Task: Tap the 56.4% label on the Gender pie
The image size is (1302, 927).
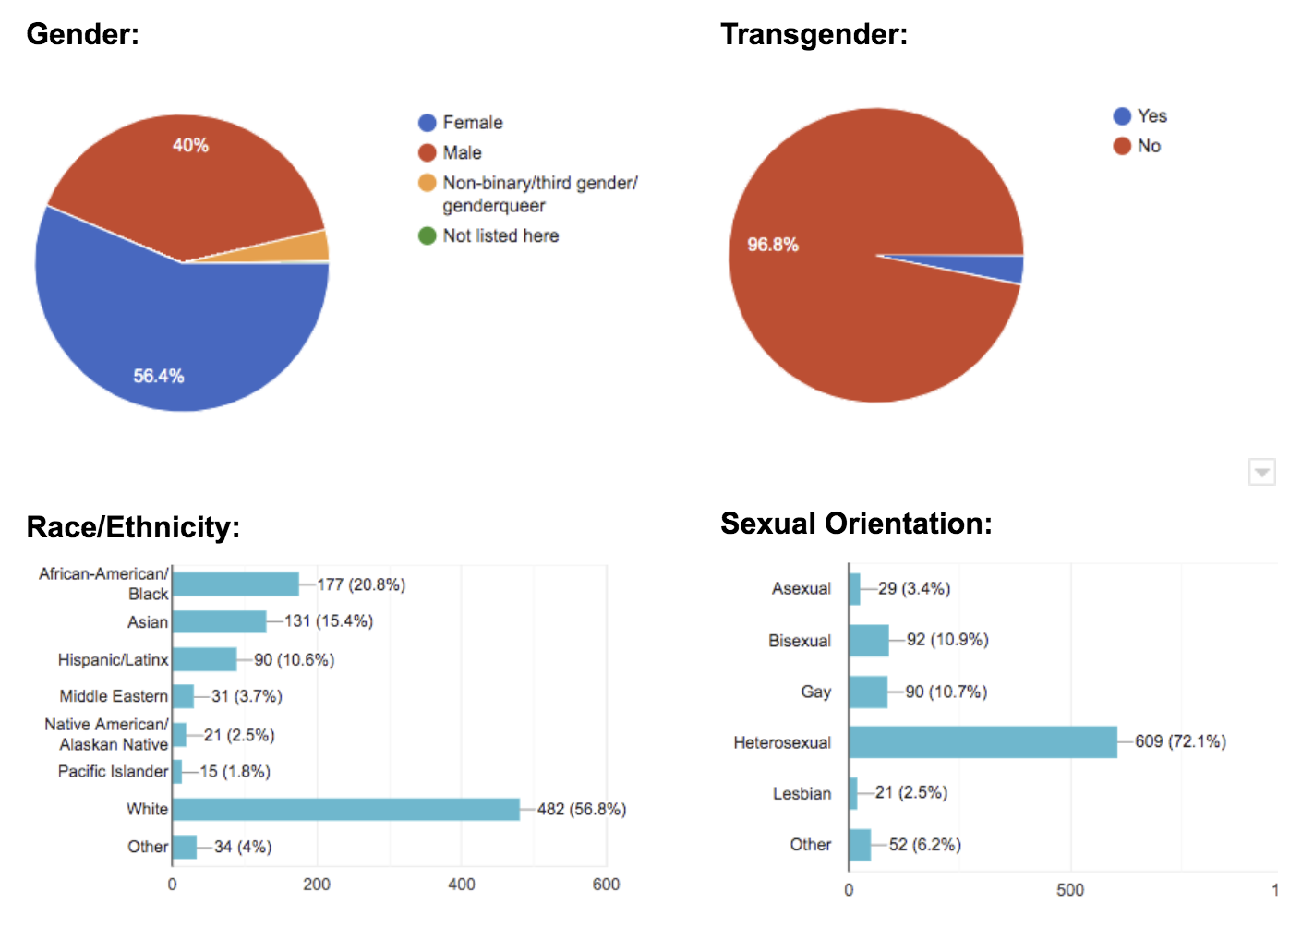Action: coord(159,376)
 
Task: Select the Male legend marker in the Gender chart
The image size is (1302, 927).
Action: coord(427,152)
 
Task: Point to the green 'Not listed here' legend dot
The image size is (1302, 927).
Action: coord(427,235)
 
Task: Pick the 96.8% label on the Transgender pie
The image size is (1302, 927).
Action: coord(773,245)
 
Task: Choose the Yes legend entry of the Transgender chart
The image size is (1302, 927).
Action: coord(1139,116)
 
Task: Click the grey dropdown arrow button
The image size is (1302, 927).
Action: coord(1261,472)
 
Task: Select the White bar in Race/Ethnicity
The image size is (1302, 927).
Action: coord(346,810)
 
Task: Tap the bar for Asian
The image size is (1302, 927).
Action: coord(219,621)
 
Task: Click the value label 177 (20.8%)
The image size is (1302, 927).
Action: coord(361,584)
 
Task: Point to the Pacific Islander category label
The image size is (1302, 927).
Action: coord(113,771)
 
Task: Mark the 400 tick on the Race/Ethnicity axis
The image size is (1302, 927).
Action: coord(461,885)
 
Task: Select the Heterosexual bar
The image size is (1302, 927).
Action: coord(983,742)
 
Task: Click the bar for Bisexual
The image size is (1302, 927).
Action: coord(868,640)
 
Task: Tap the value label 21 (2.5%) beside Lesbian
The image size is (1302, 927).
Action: coord(910,792)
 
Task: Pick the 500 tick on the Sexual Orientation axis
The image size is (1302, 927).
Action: coord(1070,890)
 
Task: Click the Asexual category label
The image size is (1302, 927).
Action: coord(801,588)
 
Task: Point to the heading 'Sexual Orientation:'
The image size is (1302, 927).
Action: coord(856,524)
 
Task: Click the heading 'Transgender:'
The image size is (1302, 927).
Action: coord(814,34)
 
